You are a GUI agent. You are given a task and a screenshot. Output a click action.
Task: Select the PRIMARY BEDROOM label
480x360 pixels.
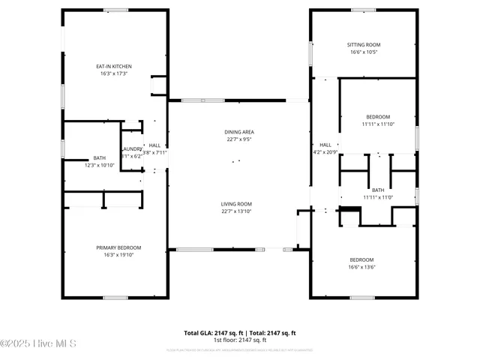point(118,247)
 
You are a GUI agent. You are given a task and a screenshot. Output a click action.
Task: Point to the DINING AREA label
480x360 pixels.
point(239,131)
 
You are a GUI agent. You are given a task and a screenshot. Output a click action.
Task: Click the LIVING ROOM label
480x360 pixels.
point(236,204)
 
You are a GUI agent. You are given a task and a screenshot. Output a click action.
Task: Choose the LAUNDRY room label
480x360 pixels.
point(131,148)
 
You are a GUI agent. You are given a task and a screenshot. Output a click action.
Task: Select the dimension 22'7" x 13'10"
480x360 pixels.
point(236,211)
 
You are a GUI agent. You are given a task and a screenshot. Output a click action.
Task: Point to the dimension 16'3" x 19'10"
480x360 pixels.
point(118,255)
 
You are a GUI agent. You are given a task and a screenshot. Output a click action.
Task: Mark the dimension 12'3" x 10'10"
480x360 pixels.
point(100,164)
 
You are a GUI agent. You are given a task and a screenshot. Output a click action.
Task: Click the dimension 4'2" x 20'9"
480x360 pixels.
point(325,152)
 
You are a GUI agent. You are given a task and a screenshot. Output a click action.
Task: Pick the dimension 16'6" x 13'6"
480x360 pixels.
point(362,267)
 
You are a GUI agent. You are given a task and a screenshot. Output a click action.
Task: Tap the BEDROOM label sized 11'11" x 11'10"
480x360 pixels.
point(378,116)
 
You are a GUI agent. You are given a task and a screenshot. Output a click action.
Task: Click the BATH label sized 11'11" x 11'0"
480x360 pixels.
point(378,190)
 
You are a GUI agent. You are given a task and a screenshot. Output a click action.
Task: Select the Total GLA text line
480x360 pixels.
point(240,333)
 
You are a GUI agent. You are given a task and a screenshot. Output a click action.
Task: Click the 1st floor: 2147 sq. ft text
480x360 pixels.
point(240,340)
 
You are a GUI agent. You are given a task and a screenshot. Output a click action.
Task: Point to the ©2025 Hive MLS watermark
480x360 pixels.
point(38,344)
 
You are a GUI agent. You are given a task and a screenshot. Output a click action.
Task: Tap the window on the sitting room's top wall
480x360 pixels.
point(363,10)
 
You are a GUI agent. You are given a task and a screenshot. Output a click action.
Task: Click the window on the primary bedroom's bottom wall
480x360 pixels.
point(115,298)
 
